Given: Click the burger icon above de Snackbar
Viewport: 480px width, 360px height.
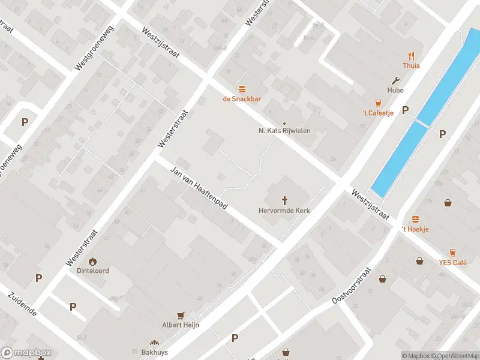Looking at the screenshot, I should [242, 88].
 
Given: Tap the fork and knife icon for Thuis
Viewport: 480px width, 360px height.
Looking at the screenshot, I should [412, 55].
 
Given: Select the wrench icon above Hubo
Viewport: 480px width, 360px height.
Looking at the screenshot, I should [395, 80].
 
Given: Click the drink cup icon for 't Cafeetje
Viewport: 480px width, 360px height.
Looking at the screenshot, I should [378, 103].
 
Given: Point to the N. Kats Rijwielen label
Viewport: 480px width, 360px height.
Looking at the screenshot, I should [284, 130].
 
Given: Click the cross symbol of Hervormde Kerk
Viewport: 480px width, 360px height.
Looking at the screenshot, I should [284, 200].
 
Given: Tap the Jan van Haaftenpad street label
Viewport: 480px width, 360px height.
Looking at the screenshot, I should [199, 187].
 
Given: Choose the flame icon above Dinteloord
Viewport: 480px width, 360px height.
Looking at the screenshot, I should [92, 261].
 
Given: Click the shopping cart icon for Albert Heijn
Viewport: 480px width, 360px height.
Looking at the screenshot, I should [180, 315].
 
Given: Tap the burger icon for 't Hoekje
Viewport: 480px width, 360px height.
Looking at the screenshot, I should [416, 220].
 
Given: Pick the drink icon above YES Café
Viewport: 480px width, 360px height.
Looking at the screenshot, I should [452, 253].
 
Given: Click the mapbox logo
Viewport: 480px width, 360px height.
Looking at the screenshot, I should [26, 353].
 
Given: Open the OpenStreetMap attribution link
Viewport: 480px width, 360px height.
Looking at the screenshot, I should [455, 356].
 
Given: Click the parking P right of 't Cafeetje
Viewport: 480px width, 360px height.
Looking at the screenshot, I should [405, 110].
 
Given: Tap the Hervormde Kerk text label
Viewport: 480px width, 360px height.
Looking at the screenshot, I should [284, 211].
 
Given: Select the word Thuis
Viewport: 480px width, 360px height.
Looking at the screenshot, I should [412, 66].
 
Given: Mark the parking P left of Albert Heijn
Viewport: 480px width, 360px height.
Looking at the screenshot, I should [73, 307].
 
